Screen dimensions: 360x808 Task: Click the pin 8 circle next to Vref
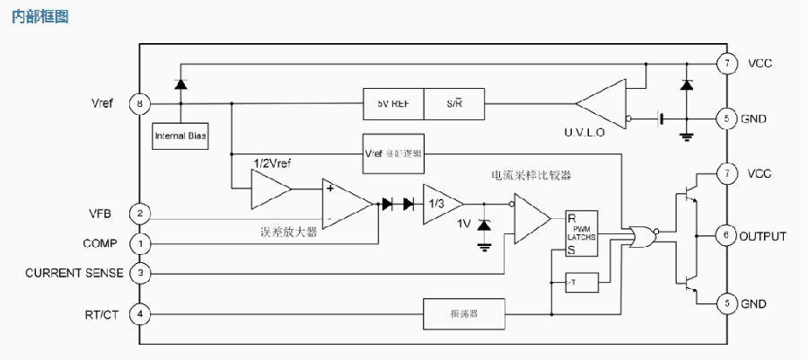pyautogui.click(x=139, y=103)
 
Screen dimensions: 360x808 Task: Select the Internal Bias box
pyautogui.click(x=180, y=136)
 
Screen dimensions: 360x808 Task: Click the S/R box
pyautogui.click(x=453, y=103)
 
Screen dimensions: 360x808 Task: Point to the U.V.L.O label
pyautogui.click(x=584, y=132)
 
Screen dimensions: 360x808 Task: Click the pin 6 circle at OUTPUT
pyautogui.click(x=725, y=236)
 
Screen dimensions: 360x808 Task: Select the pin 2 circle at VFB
pyautogui.click(x=139, y=214)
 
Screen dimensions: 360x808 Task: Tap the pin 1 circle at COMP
pyautogui.click(x=139, y=243)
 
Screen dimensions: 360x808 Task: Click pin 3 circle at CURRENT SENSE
pyautogui.click(x=139, y=272)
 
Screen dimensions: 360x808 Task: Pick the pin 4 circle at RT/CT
pyautogui.click(x=139, y=314)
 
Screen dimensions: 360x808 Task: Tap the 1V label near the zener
pyautogui.click(x=464, y=224)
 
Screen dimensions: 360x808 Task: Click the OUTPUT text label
pyautogui.click(x=762, y=237)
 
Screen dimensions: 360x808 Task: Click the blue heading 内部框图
pyautogui.click(x=40, y=17)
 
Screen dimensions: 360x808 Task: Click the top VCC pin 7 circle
pyautogui.click(x=725, y=64)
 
